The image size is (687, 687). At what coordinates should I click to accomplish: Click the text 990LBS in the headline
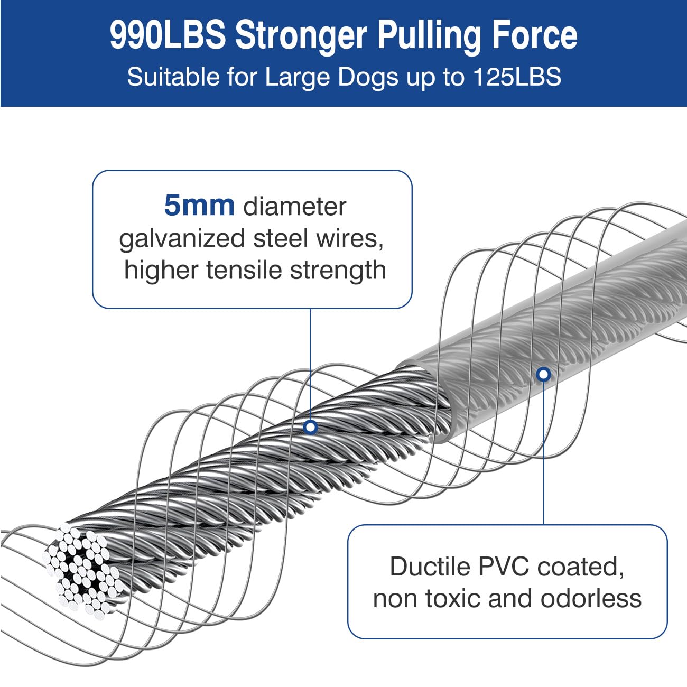pos(168,35)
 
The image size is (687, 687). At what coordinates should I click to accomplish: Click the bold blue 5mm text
pos(199,206)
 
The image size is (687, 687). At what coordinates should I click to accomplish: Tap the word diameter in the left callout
pos(294,206)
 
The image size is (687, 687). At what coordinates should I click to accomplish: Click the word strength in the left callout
pos(338,272)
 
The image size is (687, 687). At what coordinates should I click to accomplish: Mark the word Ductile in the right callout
pos(430,566)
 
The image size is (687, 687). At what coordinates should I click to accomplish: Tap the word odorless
pos(591,599)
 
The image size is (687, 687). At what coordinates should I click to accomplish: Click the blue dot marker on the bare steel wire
pos(310,427)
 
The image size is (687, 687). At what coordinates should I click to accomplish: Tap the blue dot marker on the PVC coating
pos(543,374)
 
